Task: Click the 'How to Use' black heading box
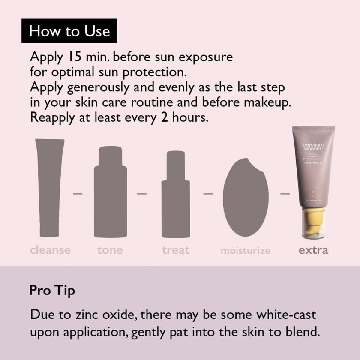[69, 31]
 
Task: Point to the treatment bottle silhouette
[175, 195]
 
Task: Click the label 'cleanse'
[51, 249]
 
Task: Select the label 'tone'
[110, 249]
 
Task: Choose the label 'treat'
[176, 249]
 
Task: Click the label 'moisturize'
[245, 250]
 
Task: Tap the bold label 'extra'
[313, 249]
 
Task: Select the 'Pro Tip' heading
[52, 290]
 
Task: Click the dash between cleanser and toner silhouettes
[78, 193]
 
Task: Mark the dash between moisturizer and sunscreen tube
[285, 193]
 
